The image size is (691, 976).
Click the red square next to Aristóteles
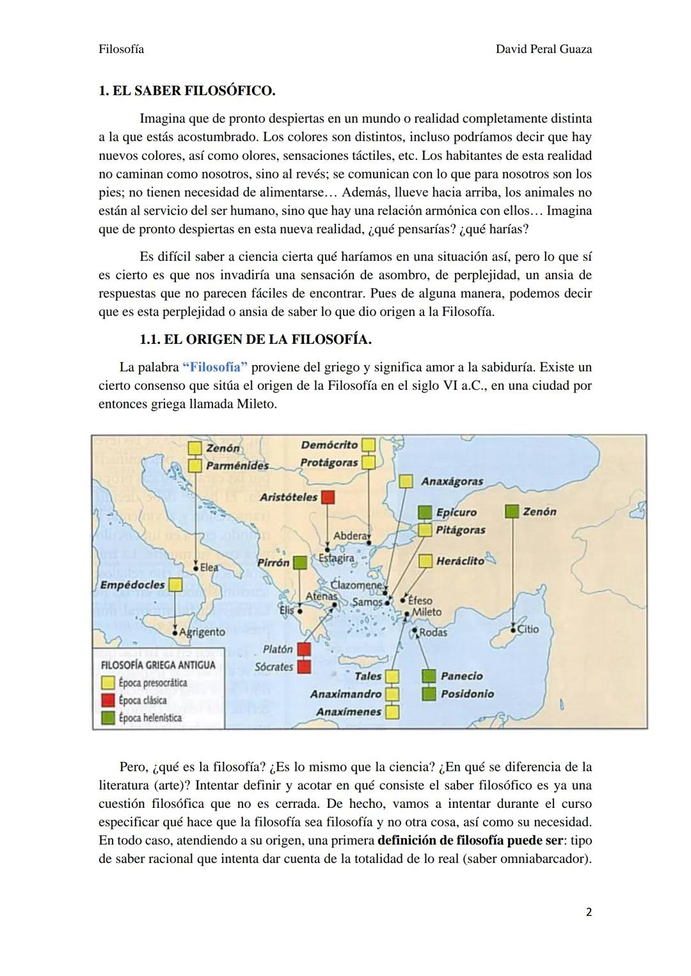coord(328,497)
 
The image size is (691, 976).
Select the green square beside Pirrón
coord(299,563)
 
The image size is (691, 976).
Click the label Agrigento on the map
coord(202,631)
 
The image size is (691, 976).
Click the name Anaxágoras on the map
coord(452,481)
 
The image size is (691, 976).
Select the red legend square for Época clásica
coord(108,700)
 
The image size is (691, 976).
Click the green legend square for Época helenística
coord(108,718)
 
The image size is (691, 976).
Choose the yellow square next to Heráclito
coord(425,561)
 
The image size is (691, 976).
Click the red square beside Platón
coord(304,649)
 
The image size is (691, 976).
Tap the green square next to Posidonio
coord(429,693)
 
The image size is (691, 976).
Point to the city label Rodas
coord(433,632)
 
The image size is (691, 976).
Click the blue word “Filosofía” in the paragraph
coord(215,368)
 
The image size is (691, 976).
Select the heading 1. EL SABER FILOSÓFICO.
coord(187,91)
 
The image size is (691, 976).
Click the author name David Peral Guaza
coord(543,49)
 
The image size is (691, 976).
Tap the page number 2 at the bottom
coord(588,912)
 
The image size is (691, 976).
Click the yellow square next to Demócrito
coord(368,445)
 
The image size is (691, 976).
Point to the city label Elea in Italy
coord(209,567)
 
